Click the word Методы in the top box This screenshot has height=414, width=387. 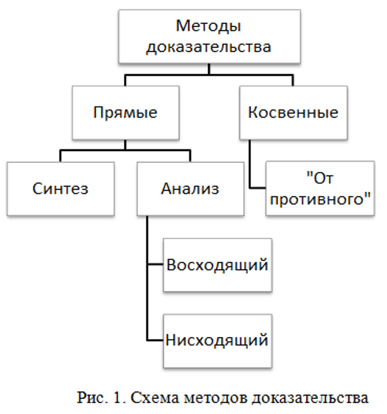[208, 25]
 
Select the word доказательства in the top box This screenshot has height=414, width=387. [208, 47]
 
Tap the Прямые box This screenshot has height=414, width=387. [125, 113]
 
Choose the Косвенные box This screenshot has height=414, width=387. [293, 113]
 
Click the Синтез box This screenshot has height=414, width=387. [61, 188]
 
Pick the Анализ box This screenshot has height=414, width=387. [190, 188]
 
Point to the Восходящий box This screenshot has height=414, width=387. [217, 265]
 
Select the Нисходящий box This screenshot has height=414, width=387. [217, 340]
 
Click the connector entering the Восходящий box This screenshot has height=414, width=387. [155, 265]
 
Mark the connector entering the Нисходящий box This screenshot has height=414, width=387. [155, 340]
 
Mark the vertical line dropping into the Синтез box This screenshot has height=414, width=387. [61, 156]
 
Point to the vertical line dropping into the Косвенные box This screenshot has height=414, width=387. [293, 80]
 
